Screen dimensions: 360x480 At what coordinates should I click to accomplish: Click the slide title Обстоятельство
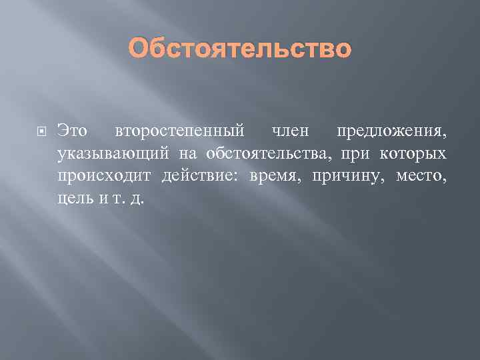(239, 49)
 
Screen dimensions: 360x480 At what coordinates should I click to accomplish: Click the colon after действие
(240, 177)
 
